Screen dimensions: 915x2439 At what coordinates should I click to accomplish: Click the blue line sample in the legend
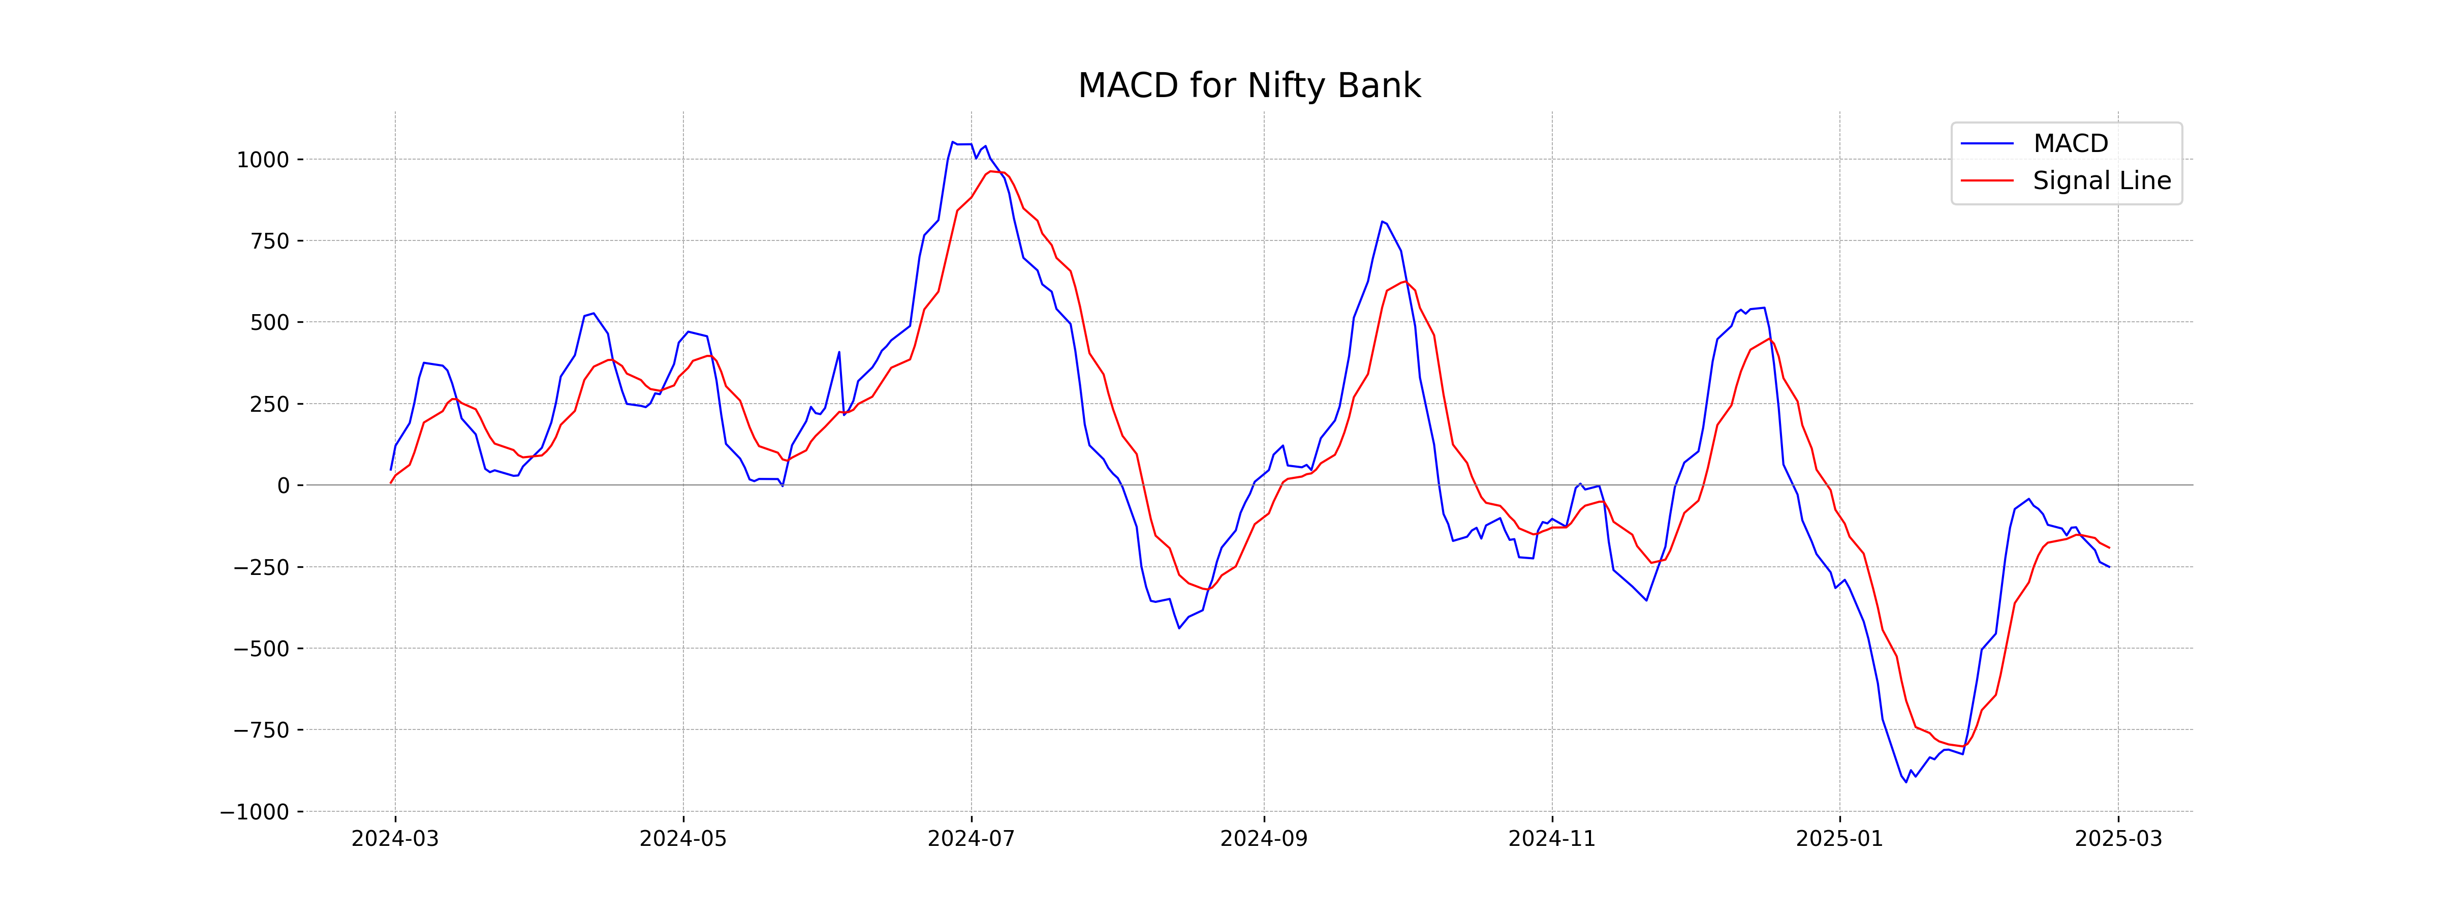(x=1986, y=143)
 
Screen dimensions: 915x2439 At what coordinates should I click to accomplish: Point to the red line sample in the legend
(x=1986, y=180)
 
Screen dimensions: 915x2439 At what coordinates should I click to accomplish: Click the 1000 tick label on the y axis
(x=262, y=160)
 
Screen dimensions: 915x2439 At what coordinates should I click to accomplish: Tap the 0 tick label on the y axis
(x=283, y=486)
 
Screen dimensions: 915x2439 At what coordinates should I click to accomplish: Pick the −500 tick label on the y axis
(x=261, y=649)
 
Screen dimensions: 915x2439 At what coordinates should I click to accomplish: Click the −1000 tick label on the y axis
(x=255, y=812)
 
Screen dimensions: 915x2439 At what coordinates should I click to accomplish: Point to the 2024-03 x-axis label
(x=395, y=839)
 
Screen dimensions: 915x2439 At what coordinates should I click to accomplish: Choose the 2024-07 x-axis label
(x=971, y=839)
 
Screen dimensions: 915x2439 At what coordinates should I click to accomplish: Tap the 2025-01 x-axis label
(x=1839, y=839)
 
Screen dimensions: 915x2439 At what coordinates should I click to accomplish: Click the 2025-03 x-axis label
(x=2118, y=839)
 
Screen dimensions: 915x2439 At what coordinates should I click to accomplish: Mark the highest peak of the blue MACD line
(x=953, y=142)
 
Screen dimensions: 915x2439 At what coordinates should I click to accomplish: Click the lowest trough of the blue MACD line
(x=1906, y=782)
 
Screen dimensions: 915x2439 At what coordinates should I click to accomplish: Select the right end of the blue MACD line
(x=2109, y=566)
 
